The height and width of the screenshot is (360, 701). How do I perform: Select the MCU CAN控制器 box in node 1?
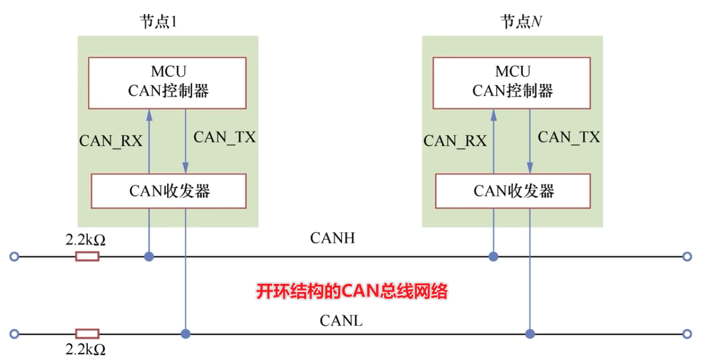(167, 83)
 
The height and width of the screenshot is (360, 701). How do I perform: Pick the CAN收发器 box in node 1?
(169, 191)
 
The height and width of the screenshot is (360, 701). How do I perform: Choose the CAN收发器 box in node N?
(513, 191)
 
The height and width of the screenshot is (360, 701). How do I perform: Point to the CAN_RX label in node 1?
(111, 141)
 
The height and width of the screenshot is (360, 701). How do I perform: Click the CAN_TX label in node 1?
(224, 137)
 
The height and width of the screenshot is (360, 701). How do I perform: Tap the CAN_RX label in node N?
(455, 141)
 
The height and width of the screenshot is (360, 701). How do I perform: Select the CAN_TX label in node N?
(568, 137)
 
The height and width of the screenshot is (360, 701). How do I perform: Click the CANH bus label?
(332, 238)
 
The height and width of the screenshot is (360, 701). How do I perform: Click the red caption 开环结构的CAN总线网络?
(352, 292)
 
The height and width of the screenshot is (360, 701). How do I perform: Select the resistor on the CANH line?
(87, 257)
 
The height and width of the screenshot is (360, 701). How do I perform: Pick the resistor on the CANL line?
(87, 334)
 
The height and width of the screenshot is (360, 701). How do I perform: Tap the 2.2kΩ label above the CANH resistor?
(85, 240)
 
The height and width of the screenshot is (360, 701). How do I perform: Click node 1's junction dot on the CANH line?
(149, 257)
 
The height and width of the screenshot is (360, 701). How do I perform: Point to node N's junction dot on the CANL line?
(530, 334)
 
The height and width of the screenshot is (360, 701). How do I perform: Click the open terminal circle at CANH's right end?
(687, 257)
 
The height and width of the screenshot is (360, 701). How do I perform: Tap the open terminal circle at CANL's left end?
(14, 334)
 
